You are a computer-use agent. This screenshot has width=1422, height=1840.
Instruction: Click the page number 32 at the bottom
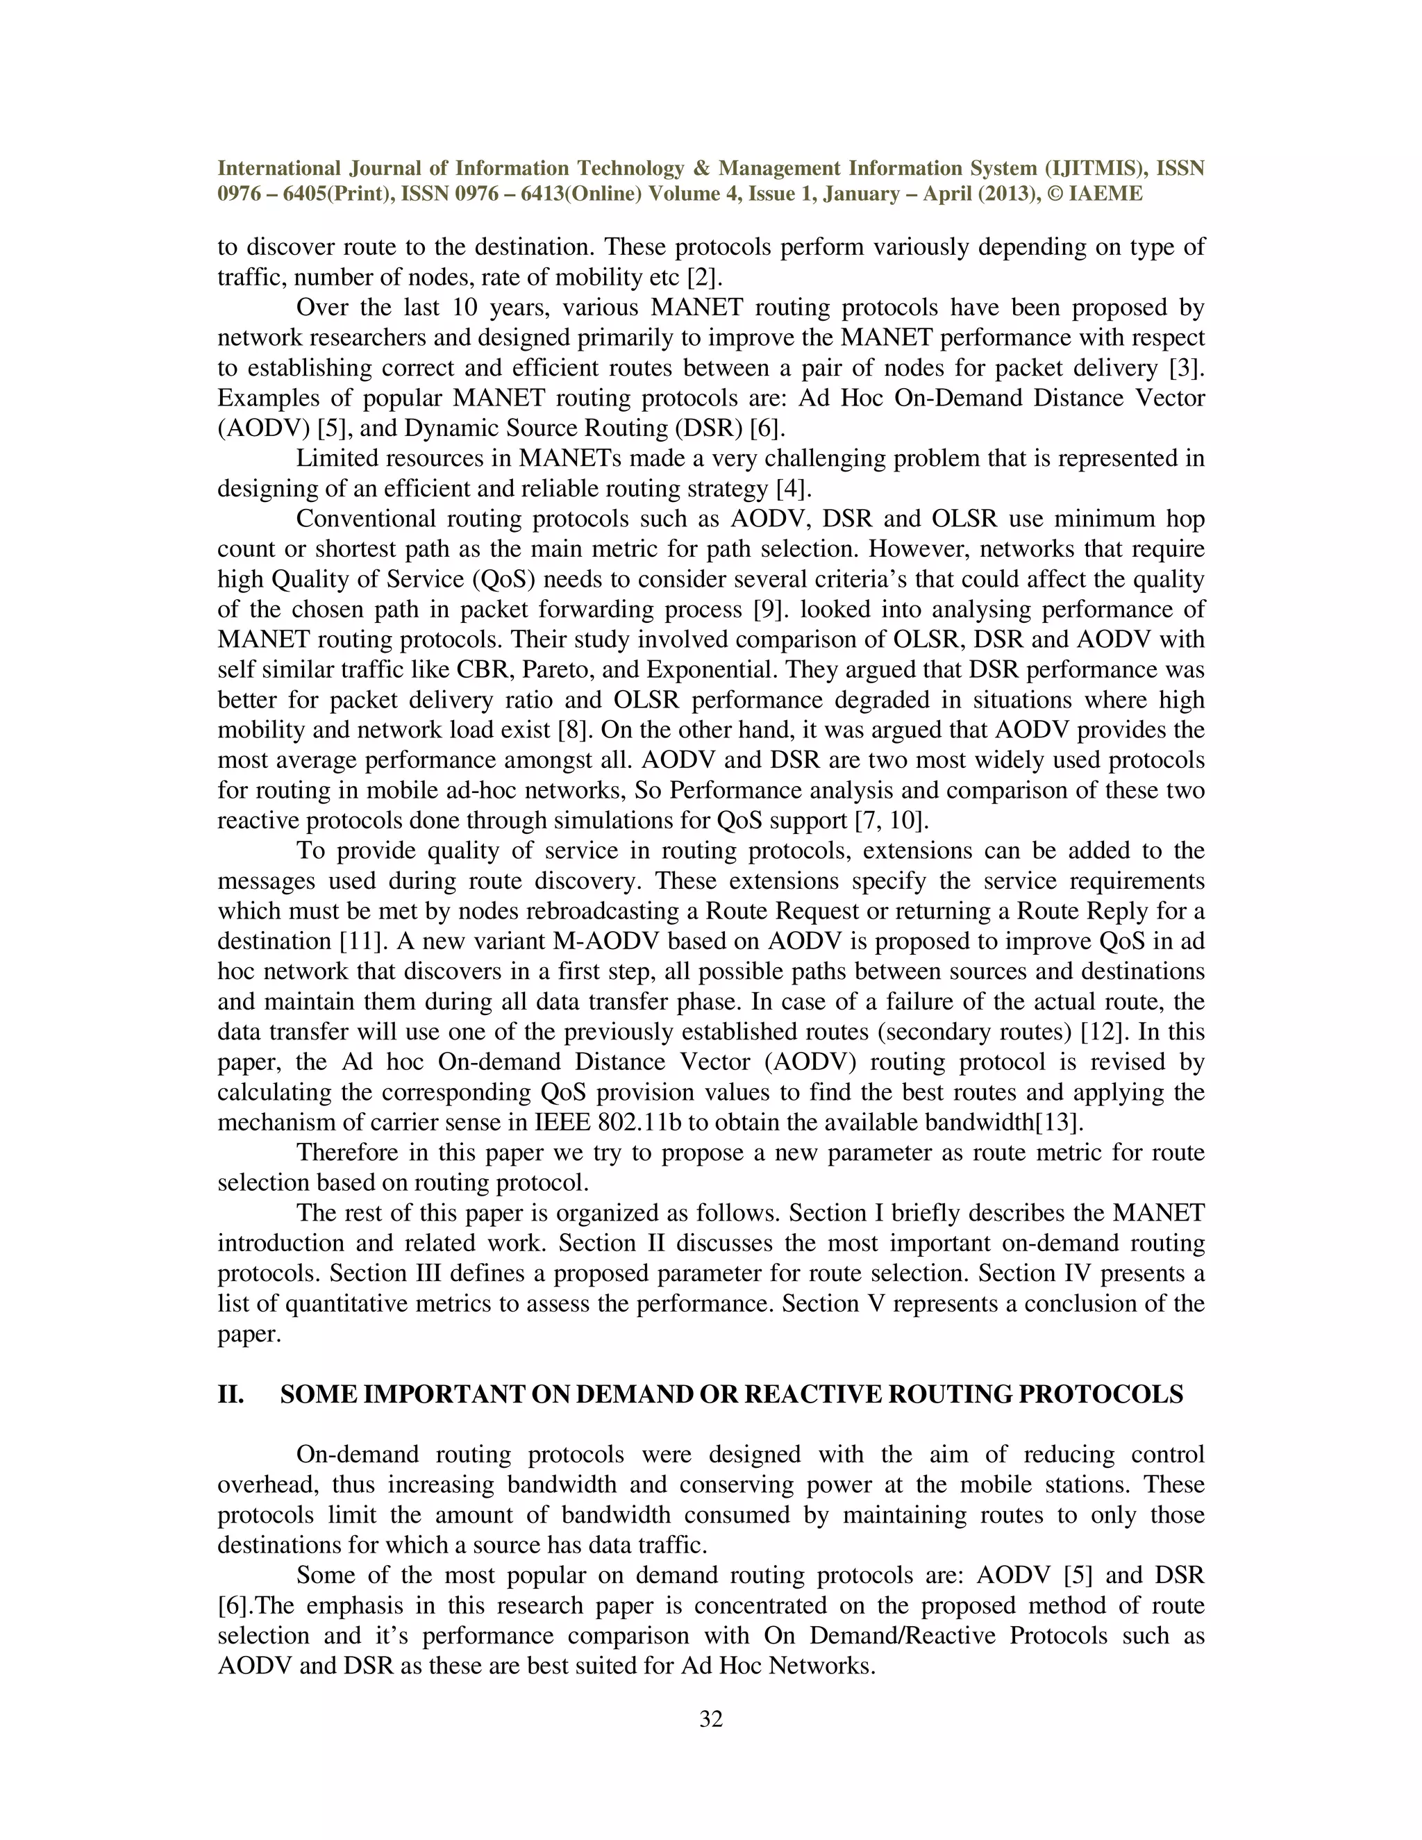pyautogui.click(x=711, y=1719)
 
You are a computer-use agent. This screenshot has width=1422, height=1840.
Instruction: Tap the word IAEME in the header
pyautogui.click(x=1105, y=194)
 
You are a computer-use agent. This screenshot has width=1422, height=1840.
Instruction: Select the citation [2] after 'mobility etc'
pyautogui.click(x=705, y=277)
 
